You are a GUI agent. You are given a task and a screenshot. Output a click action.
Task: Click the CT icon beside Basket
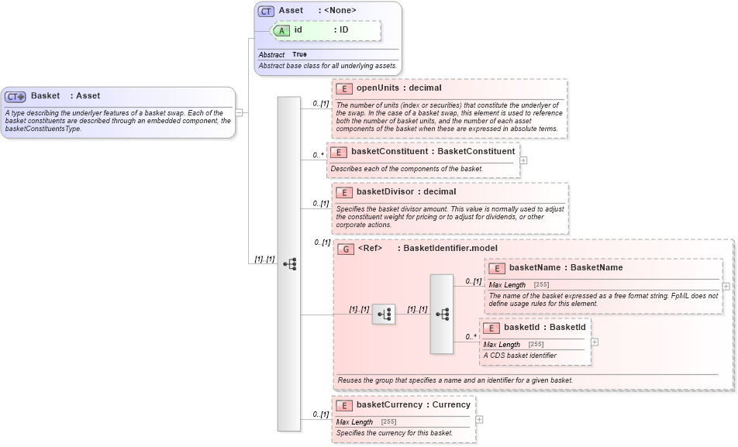pyautogui.click(x=16, y=97)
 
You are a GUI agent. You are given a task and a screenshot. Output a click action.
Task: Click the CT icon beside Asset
pyautogui.click(x=266, y=11)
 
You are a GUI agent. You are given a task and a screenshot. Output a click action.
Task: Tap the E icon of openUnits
pyautogui.click(x=344, y=88)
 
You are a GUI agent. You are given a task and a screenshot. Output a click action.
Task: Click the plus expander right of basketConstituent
pyautogui.click(x=524, y=160)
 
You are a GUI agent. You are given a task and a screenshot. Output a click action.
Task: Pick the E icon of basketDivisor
pyautogui.click(x=344, y=192)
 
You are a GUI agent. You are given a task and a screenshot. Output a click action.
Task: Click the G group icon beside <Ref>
pyautogui.click(x=346, y=249)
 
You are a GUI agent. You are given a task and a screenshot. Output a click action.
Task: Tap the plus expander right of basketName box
pyautogui.click(x=726, y=286)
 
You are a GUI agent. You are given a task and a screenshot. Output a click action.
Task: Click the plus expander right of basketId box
pyautogui.click(x=595, y=342)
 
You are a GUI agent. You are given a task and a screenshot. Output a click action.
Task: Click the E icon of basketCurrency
pyautogui.click(x=344, y=405)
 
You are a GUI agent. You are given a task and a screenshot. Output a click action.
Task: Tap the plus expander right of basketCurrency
pyautogui.click(x=480, y=419)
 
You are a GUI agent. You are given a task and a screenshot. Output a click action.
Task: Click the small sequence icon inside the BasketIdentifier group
pyautogui.click(x=383, y=314)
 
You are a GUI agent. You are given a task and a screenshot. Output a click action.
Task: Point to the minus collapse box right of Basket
pyautogui.click(x=240, y=112)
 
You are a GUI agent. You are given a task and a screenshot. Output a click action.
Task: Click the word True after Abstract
pyautogui.click(x=299, y=55)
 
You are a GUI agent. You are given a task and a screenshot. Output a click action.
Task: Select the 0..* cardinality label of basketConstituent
pyautogui.click(x=318, y=155)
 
